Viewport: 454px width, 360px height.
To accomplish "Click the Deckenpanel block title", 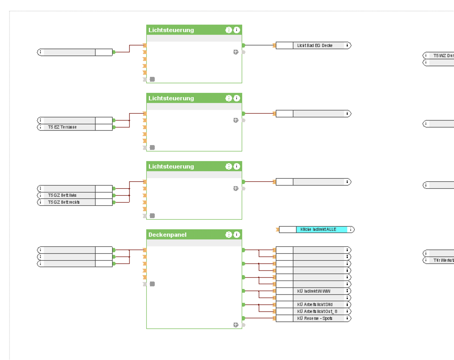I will point(168,235).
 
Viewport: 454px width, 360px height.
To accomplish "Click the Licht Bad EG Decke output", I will point(315,45).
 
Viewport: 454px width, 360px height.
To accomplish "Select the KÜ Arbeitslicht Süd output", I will point(315,305).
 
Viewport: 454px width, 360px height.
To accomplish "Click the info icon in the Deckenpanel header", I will point(237,235).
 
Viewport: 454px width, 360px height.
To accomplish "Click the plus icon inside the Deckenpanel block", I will point(235,324).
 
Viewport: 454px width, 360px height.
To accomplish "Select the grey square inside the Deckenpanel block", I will point(152,284).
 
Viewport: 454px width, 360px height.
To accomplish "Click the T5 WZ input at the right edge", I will point(443,55).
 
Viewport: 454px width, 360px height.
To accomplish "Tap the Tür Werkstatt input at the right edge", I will point(443,260).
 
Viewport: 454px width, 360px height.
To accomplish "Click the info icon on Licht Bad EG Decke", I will point(348,45).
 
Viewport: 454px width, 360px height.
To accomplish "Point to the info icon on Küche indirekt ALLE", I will point(351,229).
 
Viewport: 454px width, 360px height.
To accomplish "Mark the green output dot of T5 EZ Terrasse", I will point(114,127).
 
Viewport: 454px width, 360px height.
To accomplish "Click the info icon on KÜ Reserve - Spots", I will point(348,318).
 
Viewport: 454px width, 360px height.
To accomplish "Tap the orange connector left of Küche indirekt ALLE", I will point(277,230).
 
